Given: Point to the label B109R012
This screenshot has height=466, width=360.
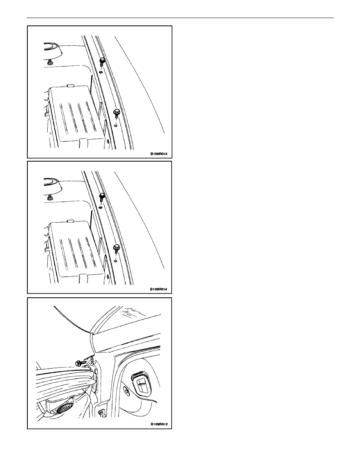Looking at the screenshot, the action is tap(159, 424).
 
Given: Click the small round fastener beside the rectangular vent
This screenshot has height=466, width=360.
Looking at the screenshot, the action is tap(127, 391).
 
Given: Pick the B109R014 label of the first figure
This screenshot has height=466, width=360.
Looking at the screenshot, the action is tap(159, 154).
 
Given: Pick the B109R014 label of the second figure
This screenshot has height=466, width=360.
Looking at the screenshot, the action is tap(159, 289).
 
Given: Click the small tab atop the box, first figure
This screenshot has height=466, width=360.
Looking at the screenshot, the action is tap(70, 86).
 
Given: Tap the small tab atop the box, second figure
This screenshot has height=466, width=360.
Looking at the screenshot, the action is tap(70, 221).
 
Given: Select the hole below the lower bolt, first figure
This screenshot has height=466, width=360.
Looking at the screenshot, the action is tap(116, 126).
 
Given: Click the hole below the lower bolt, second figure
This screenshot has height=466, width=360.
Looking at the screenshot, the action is tap(116, 261).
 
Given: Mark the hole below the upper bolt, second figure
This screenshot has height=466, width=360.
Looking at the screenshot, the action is tap(101, 207).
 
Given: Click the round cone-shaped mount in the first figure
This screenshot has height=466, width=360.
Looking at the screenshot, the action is tap(52, 50).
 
